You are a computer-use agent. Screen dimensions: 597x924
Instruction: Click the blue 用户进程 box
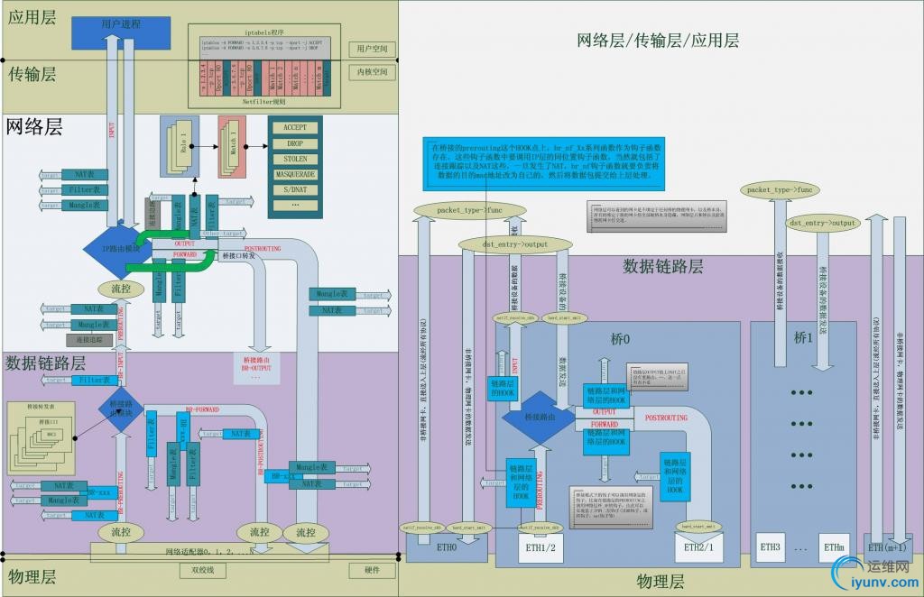point(121,23)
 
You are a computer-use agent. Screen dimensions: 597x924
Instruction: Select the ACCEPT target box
point(295,128)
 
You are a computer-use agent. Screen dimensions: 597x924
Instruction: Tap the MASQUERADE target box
point(295,174)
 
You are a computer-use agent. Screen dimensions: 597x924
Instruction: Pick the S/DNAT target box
point(295,189)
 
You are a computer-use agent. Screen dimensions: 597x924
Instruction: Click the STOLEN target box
point(295,159)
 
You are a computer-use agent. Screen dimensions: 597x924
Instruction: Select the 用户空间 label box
point(372,49)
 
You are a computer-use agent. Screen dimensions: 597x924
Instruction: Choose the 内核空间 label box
point(372,72)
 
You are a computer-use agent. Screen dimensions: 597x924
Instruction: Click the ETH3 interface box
point(770,546)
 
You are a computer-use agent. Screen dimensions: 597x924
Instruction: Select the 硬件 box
point(372,570)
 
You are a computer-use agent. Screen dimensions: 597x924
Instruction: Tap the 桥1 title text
point(803,337)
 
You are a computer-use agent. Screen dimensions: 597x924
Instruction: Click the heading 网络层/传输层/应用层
point(658,40)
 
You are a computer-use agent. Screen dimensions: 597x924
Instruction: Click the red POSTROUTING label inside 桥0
point(667,418)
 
